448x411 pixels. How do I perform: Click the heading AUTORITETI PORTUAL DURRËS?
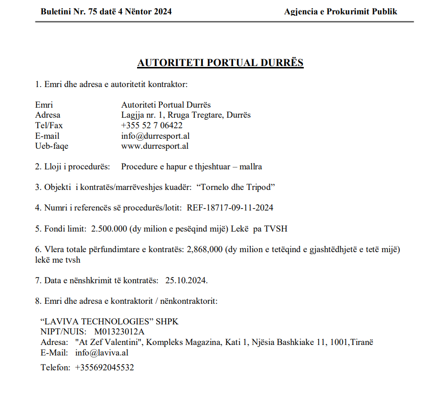pos(220,63)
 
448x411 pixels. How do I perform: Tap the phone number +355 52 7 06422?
pos(152,125)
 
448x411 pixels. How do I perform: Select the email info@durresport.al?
pos(155,136)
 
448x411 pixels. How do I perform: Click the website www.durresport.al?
pos(155,146)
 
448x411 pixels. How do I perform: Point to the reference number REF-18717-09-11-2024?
pos(230,208)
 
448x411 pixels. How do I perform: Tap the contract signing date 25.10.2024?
pos(186,280)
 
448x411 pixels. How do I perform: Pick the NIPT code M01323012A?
pos(119,332)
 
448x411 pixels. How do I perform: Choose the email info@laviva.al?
pos(102,353)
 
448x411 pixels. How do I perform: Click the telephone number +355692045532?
pos(105,367)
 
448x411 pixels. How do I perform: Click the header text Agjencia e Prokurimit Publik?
pos(341,11)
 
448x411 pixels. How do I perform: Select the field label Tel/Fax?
pos(49,125)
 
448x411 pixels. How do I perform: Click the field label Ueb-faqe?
pos(52,146)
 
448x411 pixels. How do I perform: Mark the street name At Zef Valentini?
pos(110,342)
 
